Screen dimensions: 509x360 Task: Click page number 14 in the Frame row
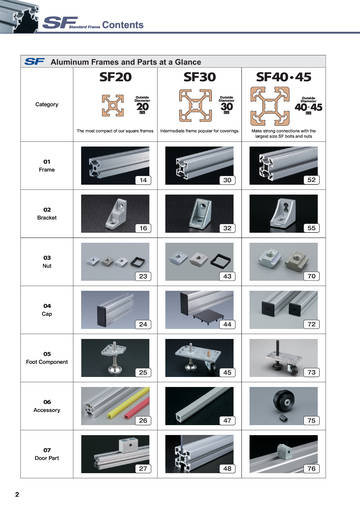click(143, 180)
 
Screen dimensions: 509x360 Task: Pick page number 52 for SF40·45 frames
click(310, 180)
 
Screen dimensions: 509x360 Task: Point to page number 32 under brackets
click(227, 229)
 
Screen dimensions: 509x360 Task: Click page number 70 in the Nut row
click(310, 275)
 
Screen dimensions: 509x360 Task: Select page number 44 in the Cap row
click(227, 325)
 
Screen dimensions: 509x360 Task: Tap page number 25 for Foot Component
click(143, 373)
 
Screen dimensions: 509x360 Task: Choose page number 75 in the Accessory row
click(310, 421)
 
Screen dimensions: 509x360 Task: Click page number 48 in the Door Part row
click(227, 469)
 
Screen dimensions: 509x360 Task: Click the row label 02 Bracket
click(47, 214)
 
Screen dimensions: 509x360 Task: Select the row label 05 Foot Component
click(47, 358)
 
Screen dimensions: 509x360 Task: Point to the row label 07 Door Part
click(47, 454)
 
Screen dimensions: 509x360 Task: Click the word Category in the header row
click(47, 103)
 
